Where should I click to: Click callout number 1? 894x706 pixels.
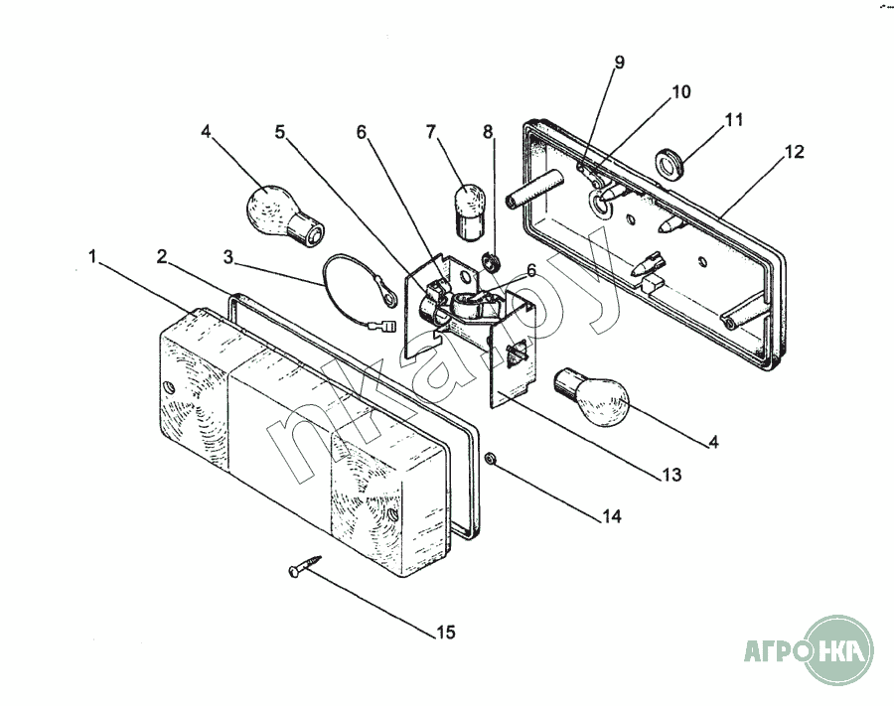(x=92, y=257)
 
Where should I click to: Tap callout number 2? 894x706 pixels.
(x=163, y=257)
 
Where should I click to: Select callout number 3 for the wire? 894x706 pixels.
(x=228, y=257)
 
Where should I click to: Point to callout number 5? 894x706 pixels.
(x=279, y=132)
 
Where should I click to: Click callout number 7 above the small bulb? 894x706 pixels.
(x=431, y=132)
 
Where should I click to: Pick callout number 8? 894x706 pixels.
(x=488, y=132)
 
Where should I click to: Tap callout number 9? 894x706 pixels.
(x=619, y=63)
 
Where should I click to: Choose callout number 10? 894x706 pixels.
(x=680, y=91)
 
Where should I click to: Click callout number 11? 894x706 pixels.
(x=734, y=120)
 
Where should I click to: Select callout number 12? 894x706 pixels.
(x=794, y=152)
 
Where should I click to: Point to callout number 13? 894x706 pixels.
(x=671, y=474)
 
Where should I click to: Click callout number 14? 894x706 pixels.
(x=611, y=516)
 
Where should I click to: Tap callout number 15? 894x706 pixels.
(x=446, y=632)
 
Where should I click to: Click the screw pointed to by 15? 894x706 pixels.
(x=305, y=566)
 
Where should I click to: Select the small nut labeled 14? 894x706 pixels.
(x=489, y=458)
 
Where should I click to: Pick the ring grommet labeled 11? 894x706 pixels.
(x=668, y=164)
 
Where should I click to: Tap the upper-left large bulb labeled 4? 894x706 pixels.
(x=284, y=215)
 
